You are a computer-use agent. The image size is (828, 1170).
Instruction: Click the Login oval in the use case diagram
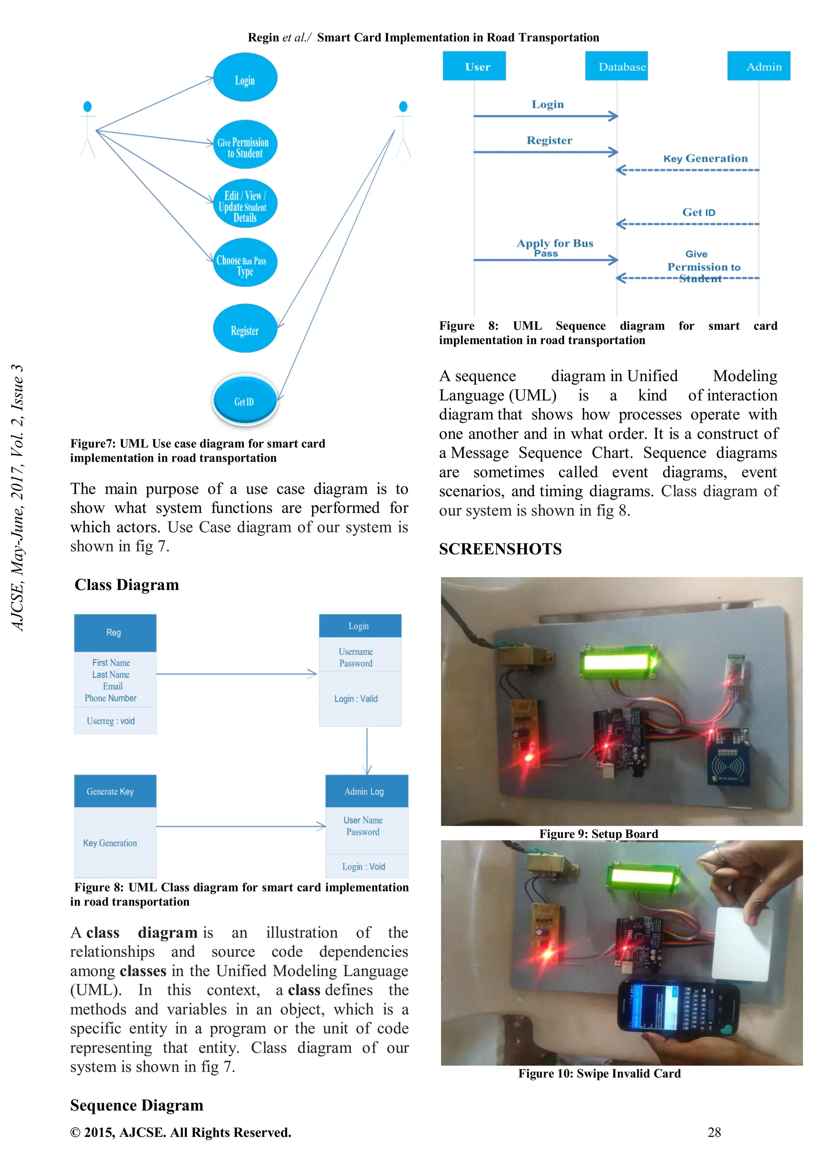245,78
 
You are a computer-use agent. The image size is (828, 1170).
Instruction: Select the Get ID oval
245,401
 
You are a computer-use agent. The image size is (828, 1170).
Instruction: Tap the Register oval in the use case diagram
245,329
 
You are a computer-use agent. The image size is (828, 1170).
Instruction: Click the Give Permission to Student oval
245,145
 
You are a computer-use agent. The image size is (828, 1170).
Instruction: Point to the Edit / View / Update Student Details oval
245,204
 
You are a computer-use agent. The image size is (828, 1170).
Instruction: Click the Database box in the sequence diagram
617,66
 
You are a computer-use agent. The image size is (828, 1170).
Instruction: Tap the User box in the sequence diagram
474,66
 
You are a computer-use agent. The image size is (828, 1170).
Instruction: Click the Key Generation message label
705,158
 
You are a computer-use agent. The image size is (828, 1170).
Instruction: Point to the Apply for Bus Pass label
555,247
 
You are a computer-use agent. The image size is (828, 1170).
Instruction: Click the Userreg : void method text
111,721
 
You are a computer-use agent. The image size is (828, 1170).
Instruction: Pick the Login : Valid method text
356,699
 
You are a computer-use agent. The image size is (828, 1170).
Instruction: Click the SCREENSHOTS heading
500,549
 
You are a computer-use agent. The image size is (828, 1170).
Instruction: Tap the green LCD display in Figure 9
617,662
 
